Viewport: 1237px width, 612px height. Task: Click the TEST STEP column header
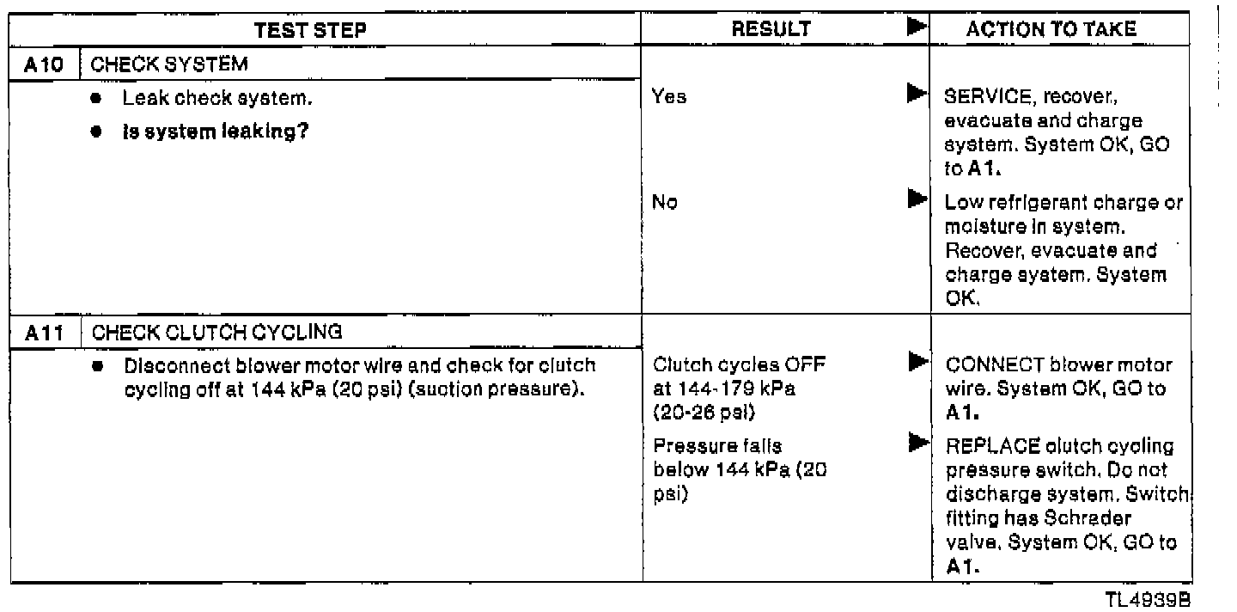tap(310, 29)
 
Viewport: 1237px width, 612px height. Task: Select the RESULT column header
tap(771, 29)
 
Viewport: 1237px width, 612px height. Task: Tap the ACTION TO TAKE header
tap(1051, 29)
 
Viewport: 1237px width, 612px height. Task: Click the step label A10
tap(40, 66)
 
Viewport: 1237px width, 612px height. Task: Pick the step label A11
tap(40, 333)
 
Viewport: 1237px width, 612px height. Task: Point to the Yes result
tap(669, 97)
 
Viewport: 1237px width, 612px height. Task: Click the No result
tap(665, 204)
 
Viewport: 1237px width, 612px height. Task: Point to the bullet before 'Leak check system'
tap(100, 98)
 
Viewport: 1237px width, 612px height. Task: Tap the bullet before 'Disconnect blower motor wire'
tap(100, 365)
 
